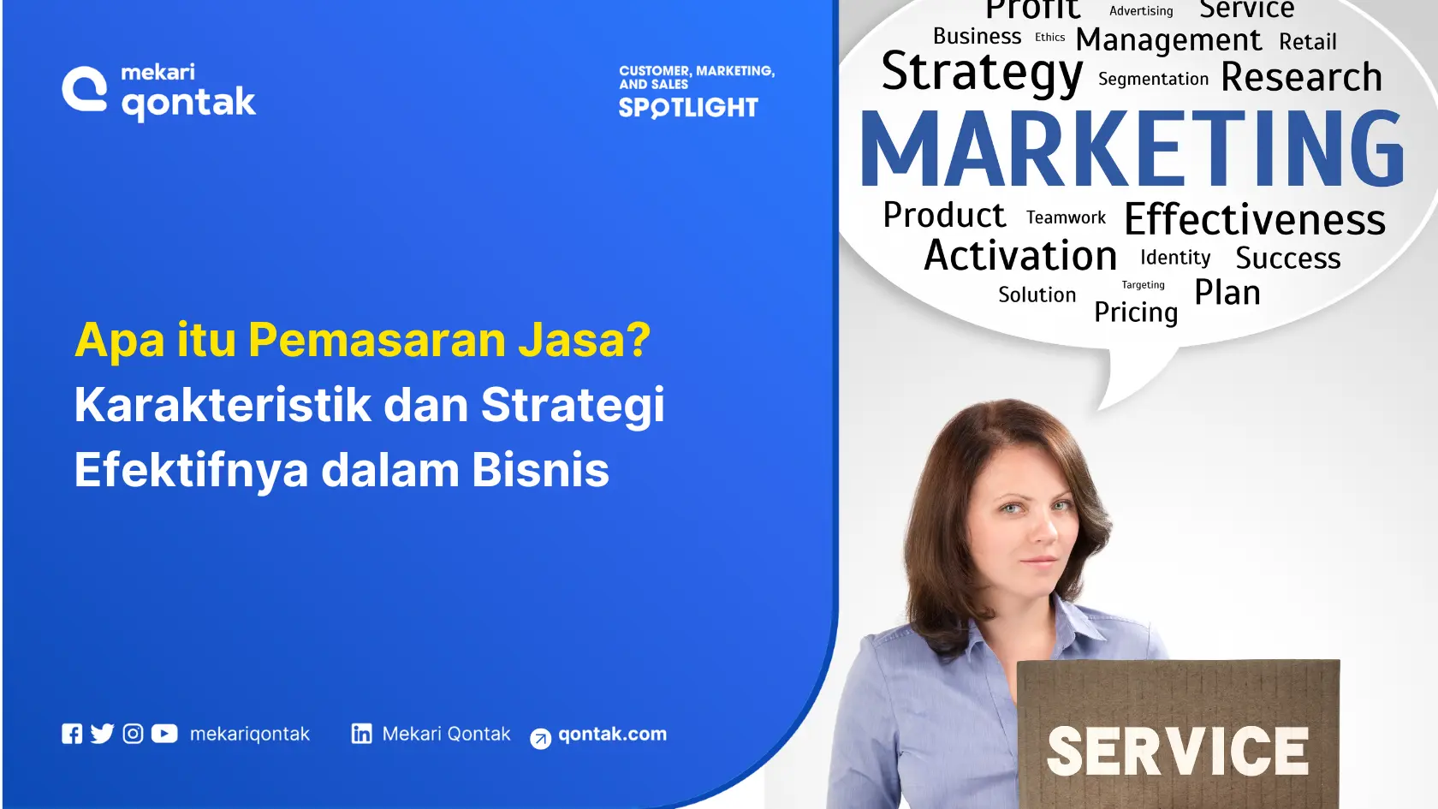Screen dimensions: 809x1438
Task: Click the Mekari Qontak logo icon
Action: tap(85, 89)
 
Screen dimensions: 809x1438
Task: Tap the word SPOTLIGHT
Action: tap(688, 108)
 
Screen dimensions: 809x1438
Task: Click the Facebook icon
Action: tap(73, 734)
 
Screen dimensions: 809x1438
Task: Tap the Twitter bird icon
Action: tap(103, 734)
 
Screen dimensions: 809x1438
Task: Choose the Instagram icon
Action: tap(134, 734)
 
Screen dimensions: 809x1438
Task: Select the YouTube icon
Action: tap(164, 734)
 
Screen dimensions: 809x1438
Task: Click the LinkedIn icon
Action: tap(362, 734)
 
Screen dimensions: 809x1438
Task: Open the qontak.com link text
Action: tap(612, 734)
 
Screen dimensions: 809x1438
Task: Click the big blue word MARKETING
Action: tap(1132, 149)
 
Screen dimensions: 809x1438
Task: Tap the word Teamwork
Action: tap(1066, 217)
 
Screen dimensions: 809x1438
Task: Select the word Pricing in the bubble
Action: tap(1136, 312)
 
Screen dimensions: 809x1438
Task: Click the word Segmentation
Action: tap(1153, 79)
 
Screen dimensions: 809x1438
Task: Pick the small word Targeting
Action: tap(1143, 285)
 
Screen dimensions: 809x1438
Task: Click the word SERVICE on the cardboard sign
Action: tap(1178, 752)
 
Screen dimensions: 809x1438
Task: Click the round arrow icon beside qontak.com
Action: tap(541, 738)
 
